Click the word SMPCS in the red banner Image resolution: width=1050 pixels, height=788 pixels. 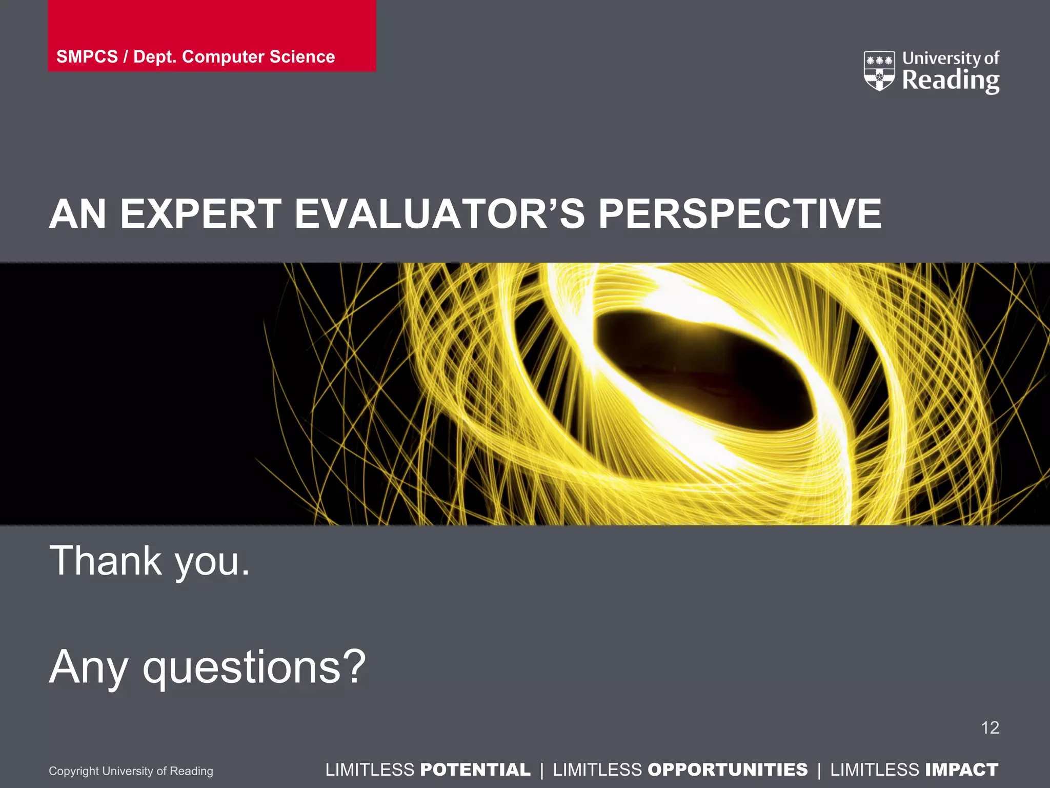point(87,56)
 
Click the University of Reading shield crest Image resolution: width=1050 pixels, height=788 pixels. point(879,71)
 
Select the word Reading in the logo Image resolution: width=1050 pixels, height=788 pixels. point(951,81)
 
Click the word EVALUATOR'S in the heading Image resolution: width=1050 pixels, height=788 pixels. point(439,214)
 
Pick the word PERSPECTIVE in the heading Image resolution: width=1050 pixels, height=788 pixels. point(740,214)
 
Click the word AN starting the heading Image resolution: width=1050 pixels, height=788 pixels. point(77,214)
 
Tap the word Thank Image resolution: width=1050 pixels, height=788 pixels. point(106,561)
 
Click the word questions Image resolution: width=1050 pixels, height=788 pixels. point(242,667)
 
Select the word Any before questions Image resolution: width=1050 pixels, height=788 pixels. point(88,667)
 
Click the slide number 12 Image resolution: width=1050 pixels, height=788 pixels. point(990,727)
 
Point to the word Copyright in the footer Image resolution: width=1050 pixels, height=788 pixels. point(74,771)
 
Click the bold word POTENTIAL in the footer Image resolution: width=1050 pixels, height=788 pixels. point(475,770)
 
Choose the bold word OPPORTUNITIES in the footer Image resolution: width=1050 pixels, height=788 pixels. point(728,770)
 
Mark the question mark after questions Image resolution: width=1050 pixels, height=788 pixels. point(354,666)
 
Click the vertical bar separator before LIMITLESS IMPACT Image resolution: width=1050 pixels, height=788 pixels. point(819,770)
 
